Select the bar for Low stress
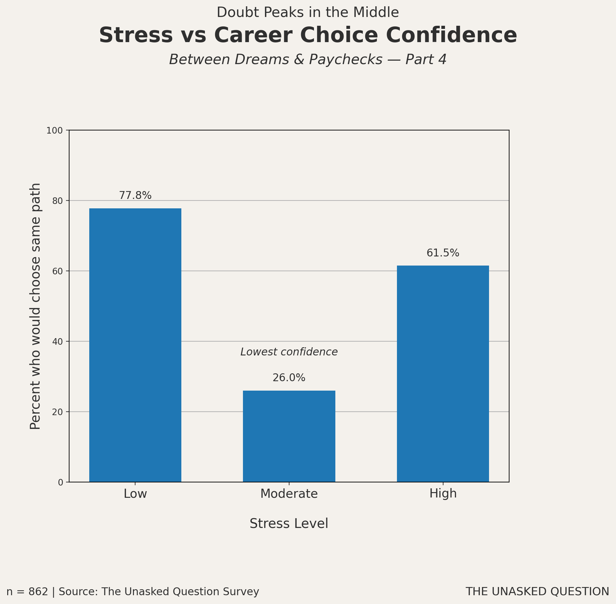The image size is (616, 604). click(x=135, y=345)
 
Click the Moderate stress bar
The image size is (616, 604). click(x=289, y=436)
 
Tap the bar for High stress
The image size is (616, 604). click(x=443, y=374)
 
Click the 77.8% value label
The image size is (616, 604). click(x=135, y=195)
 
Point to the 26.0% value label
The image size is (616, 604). click(x=289, y=378)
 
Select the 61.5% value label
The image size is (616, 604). click(x=443, y=253)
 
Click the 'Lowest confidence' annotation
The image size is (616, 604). click(x=289, y=352)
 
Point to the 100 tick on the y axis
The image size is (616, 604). click(x=55, y=130)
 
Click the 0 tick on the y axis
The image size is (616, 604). click(x=60, y=482)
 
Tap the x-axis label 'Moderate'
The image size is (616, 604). click(x=289, y=494)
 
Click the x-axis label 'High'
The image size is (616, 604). click(x=443, y=494)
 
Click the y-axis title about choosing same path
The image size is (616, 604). click(x=35, y=306)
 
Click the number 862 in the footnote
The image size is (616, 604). click(x=38, y=592)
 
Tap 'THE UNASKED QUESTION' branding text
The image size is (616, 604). click(x=537, y=591)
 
